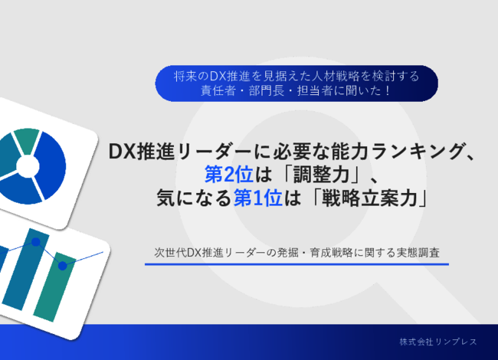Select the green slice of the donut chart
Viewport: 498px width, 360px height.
tap(26, 139)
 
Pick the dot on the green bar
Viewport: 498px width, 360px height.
tap(62, 266)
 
